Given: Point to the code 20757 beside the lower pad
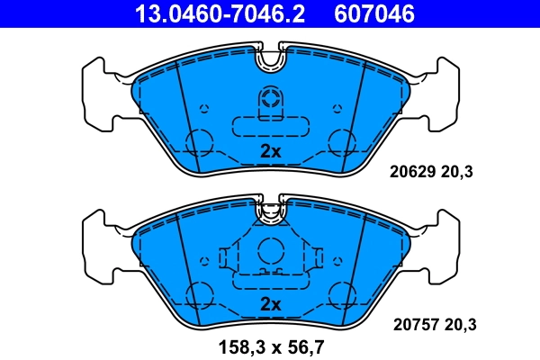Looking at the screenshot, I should click(411, 324).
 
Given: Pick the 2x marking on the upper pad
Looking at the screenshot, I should click(270, 151).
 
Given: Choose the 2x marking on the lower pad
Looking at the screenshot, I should click(270, 303).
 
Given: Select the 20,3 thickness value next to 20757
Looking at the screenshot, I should click(458, 324).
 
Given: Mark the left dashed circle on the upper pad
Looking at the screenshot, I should click(198, 141).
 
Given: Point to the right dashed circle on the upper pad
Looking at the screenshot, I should click(342, 141).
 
